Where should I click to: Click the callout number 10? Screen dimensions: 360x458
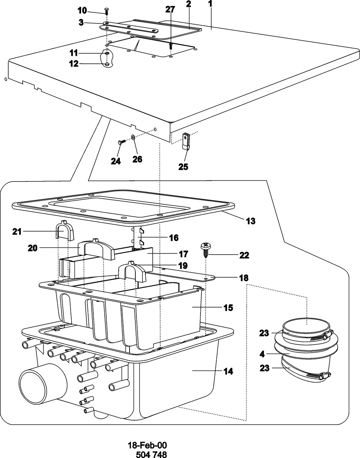[82, 10]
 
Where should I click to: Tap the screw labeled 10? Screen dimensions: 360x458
[107, 11]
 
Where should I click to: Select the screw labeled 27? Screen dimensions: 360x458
[171, 46]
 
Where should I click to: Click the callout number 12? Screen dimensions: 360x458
[74, 63]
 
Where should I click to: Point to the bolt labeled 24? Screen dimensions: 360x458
[121, 142]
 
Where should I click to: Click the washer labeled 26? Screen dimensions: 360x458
[133, 137]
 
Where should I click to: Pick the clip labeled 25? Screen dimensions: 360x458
[186, 141]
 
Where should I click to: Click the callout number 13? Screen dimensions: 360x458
[251, 221]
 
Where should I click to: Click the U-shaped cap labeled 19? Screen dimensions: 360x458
[132, 271]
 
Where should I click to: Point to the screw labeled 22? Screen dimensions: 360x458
[205, 250]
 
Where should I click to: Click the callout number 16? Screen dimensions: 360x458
[174, 238]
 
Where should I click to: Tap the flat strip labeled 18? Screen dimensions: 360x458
[181, 274]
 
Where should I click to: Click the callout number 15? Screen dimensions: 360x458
[228, 307]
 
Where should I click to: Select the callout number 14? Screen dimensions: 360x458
[228, 371]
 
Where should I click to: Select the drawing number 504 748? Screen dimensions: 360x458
[151, 454]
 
